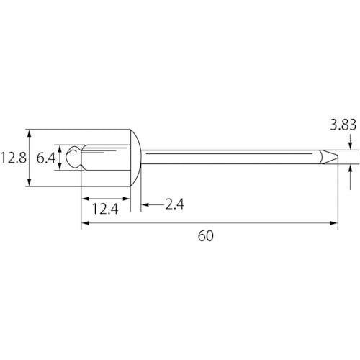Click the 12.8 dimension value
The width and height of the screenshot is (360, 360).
tap(14, 158)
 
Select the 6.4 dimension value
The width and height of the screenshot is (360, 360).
tap(46, 158)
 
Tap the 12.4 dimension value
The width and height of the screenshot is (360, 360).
tap(105, 209)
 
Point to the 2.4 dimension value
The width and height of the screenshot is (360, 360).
tap(174, 204)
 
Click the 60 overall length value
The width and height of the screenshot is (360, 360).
tap(206, 236)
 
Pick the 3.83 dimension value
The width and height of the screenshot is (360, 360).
tap(343, 125)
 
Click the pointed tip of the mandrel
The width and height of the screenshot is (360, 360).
tap(338, 157)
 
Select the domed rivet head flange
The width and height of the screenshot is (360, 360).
tap(136, 158)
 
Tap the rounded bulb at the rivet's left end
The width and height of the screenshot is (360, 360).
tap(73, 157)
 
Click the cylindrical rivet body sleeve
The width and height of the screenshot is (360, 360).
tap(106, 158)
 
